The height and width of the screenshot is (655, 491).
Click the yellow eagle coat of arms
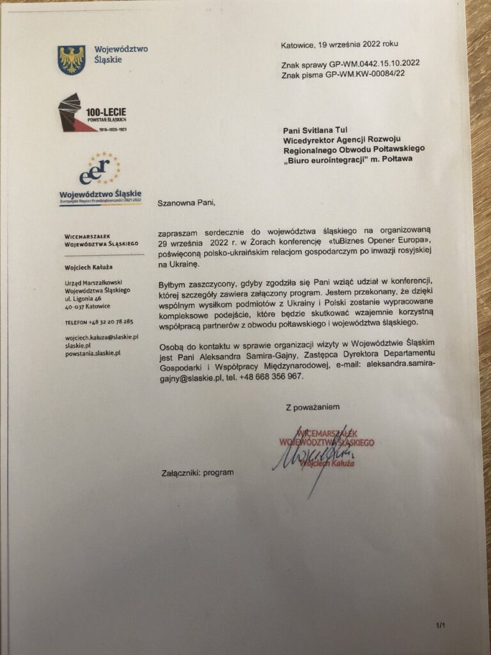point(71,59)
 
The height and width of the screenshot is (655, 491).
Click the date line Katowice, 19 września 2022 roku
point(339,45)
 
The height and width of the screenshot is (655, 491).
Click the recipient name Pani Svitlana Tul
point(315,130)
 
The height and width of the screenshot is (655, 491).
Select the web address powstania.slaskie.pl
point(93,352)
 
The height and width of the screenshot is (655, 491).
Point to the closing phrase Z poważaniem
point(313,407)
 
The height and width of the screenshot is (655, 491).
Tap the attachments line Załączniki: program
point(198,473)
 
